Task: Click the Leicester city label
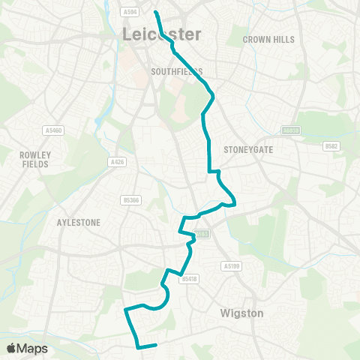pyautogui.click(x=162, y=34)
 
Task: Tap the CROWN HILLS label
pyautogui.click(x=268, y=39)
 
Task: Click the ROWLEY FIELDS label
pyautogui.click(x=34, y=158)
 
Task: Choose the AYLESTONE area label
pyautogui.click(x=78, y=222)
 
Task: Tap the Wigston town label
pyautogui.click(x=241, y=313)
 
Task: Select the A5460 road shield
pyautogui.click(x=53, y=130)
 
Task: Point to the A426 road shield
pyautogui.click(x=116, y=161)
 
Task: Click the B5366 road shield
pyautogui.click(x=130, y=200)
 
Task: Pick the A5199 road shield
pyautogui.click(x=230, y=265)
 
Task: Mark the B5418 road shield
pyautogui.click(x=189, y=278)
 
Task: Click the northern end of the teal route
pyautogui.click(x=156, y=12)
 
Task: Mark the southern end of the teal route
pyautogui.click(x=154, y=345)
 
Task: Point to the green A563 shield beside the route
pyautogui.click(x=200, y=235)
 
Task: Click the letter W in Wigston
pyautogui.click(x=226, y=313)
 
